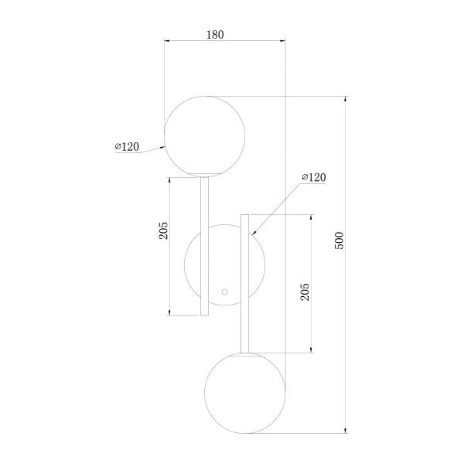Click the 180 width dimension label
tap(215, 35)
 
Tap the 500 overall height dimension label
tap(339, 241)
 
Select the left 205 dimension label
tap(163, 230)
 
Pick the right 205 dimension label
tap(305, 292)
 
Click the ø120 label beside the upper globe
tap(127, 146)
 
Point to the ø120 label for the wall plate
tap(314, 177)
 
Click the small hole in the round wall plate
tap(225, 292)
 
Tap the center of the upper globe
tap(204, 136)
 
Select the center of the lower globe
tap(245, 393)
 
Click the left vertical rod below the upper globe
tap(204, 246)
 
